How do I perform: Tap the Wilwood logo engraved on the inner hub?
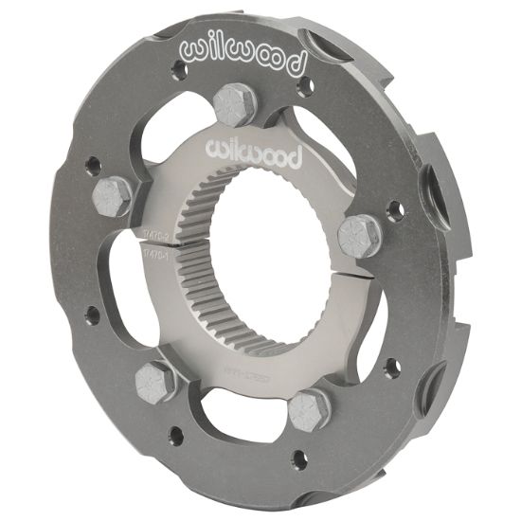[x=252, y=153]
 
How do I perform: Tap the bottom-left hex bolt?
[x=154, y=381]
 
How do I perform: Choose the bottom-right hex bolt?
[x=308, y=410]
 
